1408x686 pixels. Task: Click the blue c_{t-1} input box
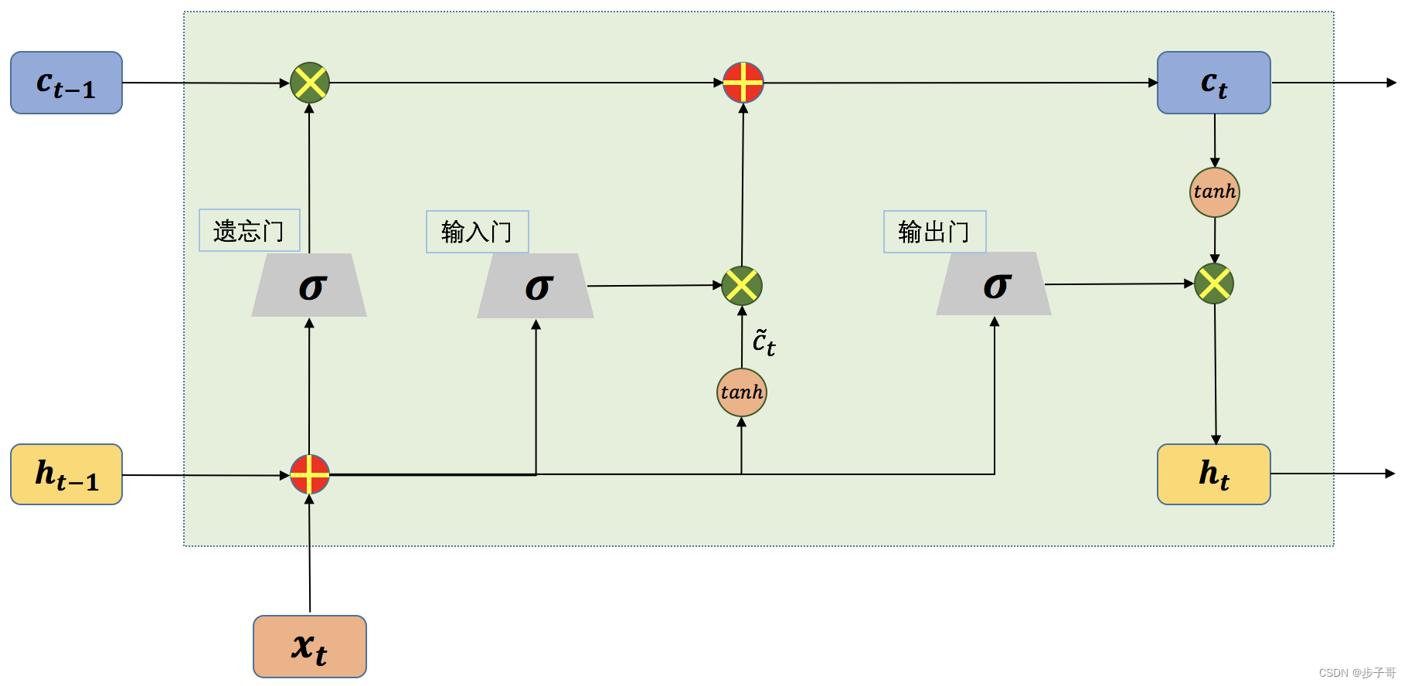pyautogui.click(x=66, y=83)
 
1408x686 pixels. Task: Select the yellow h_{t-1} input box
pyautogui.click(x=66, y=474)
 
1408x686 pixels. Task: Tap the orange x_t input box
pyautogui.click(x=310, y=647)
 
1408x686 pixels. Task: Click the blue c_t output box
pyautogui.click(x=1213, y=83)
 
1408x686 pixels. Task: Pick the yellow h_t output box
pyautogui.click(x=1213, y=474)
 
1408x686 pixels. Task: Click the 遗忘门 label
pyautogui.click(x=249, y=230)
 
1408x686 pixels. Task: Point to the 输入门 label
pyautogui.click(x=477, y=232)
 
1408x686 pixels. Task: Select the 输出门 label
pyautogui.click(x=934, y=232)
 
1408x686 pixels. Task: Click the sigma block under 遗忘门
pyautogui.click(x=310, y=286)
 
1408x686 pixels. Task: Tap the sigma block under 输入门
pyautogui.click(x=536, y=287)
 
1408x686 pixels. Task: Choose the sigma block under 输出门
pyautogui.click(x=995, y=284)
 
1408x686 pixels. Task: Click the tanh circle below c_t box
pyautogui.click(x=1214, y=192)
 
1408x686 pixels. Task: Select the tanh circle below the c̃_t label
pyautogui.click(x=742, y=392)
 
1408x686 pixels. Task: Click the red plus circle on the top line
pyautogui.click(x=743, y=83)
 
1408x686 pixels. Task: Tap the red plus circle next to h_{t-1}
pyautogui.click(x=310, y=474)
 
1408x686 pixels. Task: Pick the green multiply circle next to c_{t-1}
pyautogui.click(x=310, y=83)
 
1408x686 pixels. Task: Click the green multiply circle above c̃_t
pyautogui.click(x=742, y=286)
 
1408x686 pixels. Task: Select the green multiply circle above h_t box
pyautogui.click(x=1214, y=284)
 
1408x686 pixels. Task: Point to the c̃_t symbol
pyautogui.click(x=764, y=342)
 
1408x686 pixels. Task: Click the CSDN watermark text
pyautogui.click(x=1356, y=673)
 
